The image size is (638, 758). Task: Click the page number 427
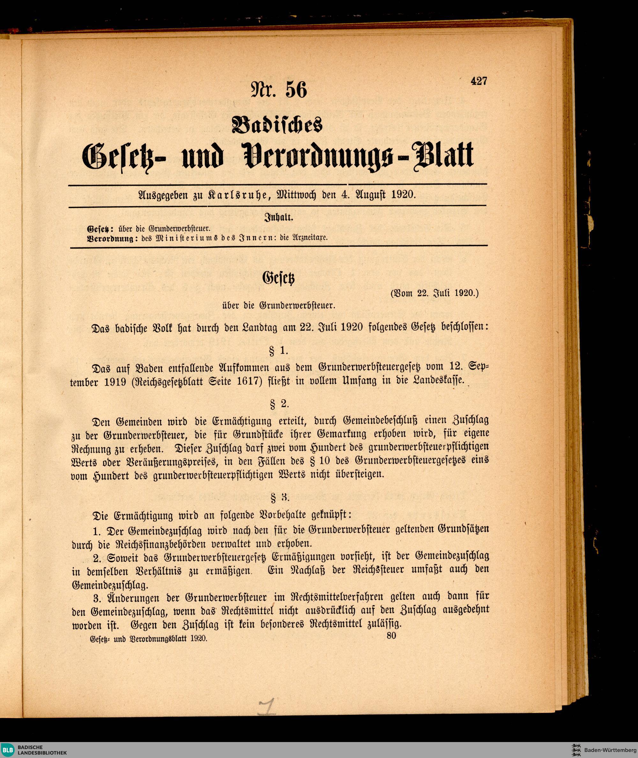point(479,81)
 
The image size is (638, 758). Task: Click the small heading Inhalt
point(279,219)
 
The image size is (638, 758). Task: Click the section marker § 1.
point(278,350)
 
